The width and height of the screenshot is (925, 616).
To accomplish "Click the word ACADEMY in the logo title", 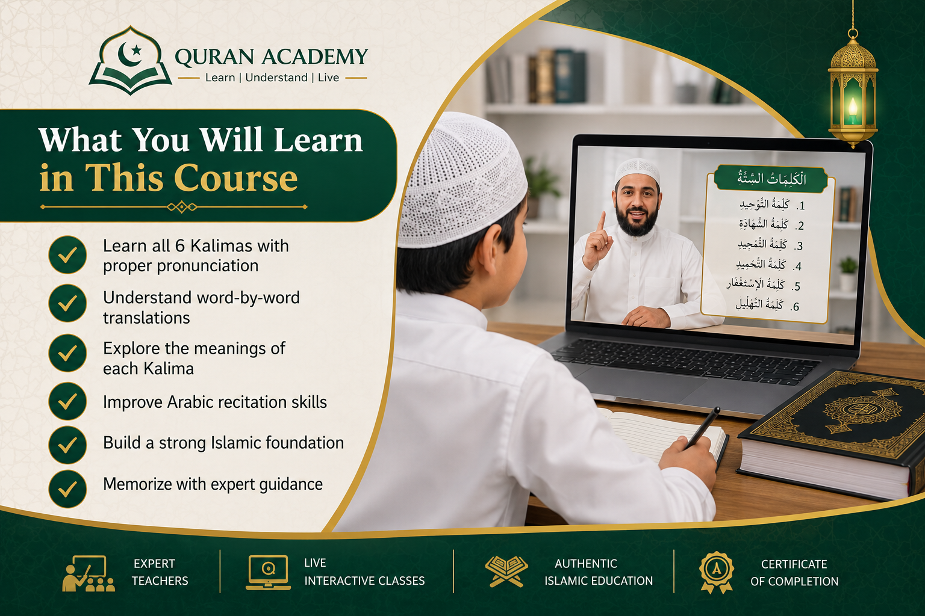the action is [x=314, y=57].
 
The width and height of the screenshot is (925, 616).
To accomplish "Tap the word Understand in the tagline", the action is [x=276, y=78].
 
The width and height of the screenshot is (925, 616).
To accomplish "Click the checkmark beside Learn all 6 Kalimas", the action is [x=67, y=254].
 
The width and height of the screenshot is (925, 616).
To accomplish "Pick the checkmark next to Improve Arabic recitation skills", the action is [x=67, y=401].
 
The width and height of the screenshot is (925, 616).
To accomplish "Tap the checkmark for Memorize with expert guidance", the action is [x=67, y=489].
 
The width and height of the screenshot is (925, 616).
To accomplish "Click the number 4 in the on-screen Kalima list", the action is [x=797, y=266].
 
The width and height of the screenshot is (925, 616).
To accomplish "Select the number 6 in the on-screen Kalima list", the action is [x=796, y=307].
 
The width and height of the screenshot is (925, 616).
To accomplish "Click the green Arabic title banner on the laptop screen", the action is [x=771, y=179].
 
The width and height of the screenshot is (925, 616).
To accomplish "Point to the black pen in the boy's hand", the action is [x=702, y=428].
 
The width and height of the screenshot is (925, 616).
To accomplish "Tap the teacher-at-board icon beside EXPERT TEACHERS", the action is [x=89, y=573].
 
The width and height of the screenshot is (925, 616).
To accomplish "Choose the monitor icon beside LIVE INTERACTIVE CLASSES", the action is [x=269, y=572].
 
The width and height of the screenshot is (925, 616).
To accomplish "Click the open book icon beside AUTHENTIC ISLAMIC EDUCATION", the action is [x=506, y=571].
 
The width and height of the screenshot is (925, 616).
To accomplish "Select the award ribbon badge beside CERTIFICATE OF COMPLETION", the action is [x=717, y=573].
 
